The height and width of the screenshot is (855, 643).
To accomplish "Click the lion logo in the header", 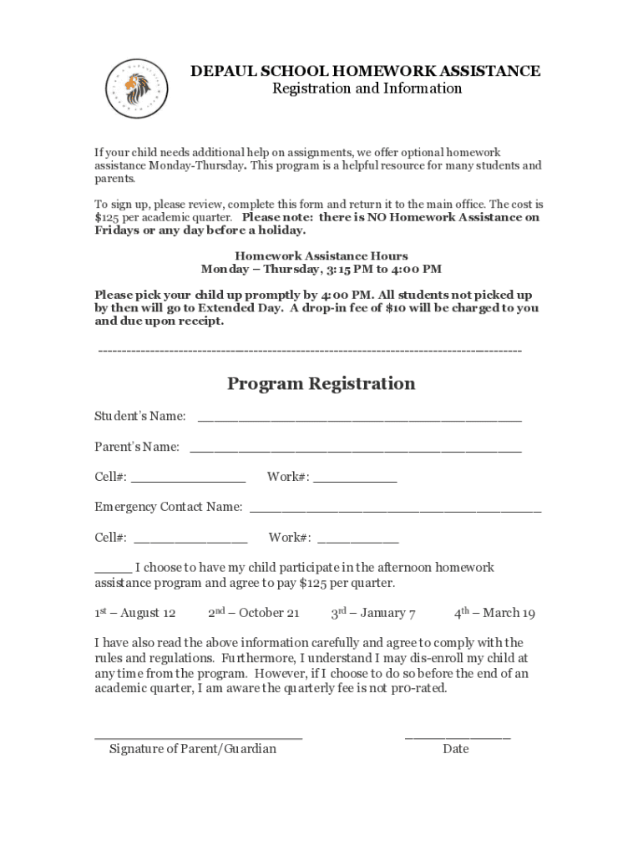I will tap(136, 90).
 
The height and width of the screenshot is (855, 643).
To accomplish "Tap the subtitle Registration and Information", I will tap(367, 89).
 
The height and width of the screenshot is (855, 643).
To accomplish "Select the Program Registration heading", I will tap(321, 384).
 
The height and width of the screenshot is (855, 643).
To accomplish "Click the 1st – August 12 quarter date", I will tap(134, 614).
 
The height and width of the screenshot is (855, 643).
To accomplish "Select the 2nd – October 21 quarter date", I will tap(253, 614).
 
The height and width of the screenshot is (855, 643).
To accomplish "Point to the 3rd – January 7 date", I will tap(373, 614).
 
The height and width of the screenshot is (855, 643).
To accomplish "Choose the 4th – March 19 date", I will tap(494, 614).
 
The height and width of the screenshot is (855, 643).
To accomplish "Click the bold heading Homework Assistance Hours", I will tap(321, 256).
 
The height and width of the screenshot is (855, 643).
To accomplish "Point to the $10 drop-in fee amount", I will tap(395, 308).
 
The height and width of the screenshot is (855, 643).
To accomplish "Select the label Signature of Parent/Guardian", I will tap(192, 749).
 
